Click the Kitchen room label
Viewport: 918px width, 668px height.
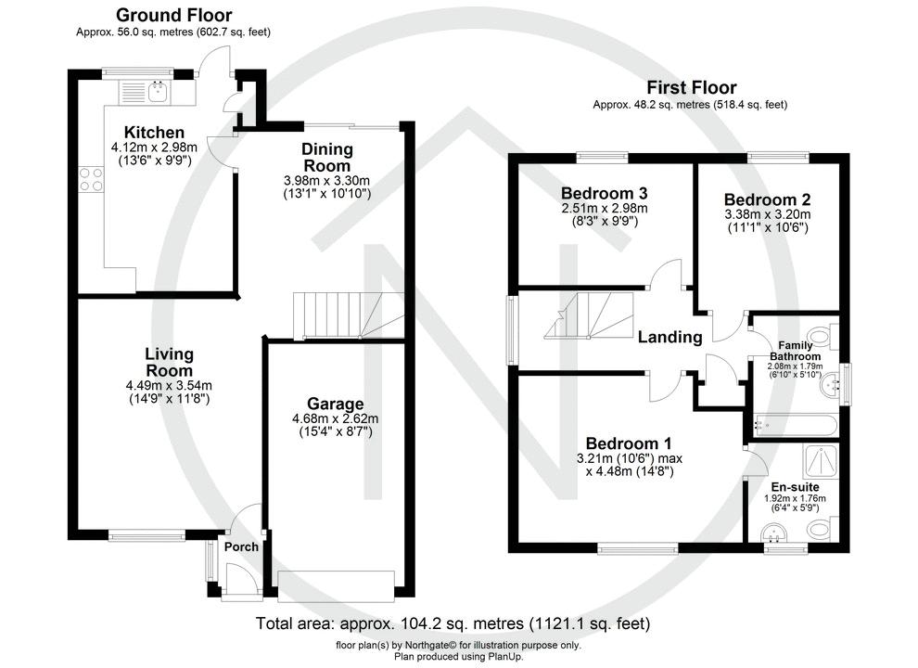[148, 133]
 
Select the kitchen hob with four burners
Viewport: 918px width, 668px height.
[92, 178]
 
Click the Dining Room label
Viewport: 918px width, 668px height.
[326, 157]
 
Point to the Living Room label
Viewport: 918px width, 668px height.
[169, 362]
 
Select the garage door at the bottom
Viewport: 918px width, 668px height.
[336, 582]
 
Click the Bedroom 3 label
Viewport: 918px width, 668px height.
[604, 193]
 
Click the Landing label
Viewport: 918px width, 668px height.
[669, 337]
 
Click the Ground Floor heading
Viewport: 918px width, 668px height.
[174, 15]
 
